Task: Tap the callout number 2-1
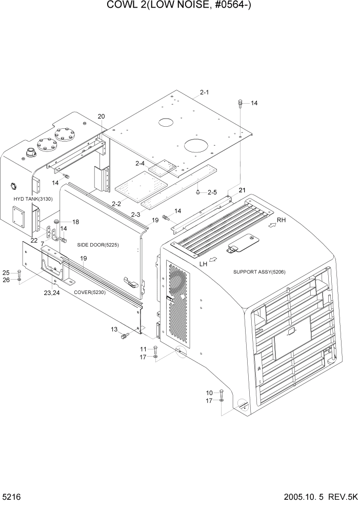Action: point(204,92)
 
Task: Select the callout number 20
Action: point(101,116)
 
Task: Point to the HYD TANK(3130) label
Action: point(33,199)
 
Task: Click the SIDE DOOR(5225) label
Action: point(98,245)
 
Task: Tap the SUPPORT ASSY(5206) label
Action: point(259,272)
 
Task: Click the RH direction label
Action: point(281,220)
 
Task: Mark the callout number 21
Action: point(242,190)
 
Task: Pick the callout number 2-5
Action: point(213,192)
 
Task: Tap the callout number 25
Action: point(6,272)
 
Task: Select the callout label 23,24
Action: point(52,293)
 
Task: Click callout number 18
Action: point(75,222)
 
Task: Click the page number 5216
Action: point(11,498)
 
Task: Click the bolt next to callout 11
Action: point(156,351)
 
